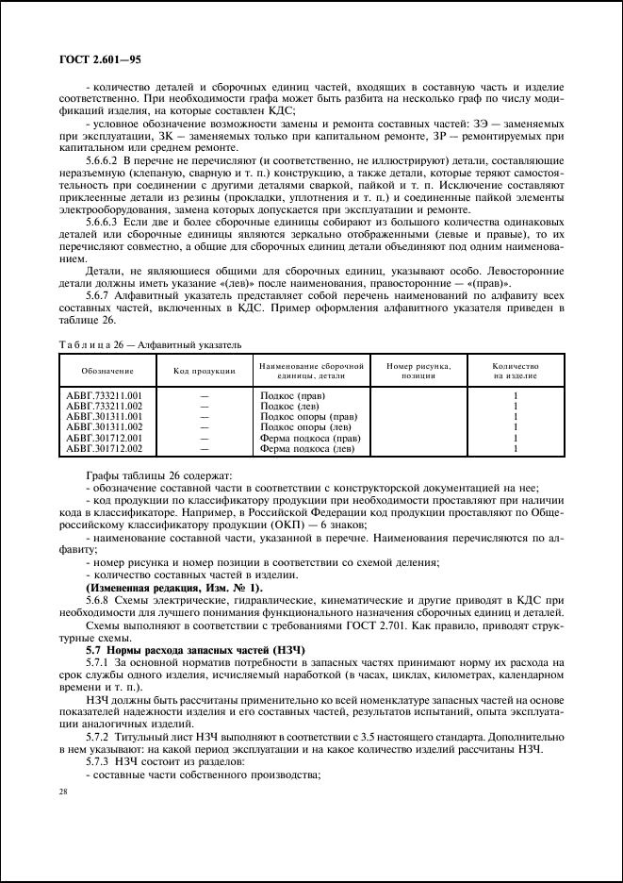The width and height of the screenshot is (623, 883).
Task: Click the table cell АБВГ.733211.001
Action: (x=104, y=395)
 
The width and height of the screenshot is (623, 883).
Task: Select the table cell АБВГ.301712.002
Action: (x=104, y=448)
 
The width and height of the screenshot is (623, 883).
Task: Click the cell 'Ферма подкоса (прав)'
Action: (x=310, y=438)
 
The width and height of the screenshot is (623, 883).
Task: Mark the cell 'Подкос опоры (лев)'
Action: (x=307, y=427)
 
